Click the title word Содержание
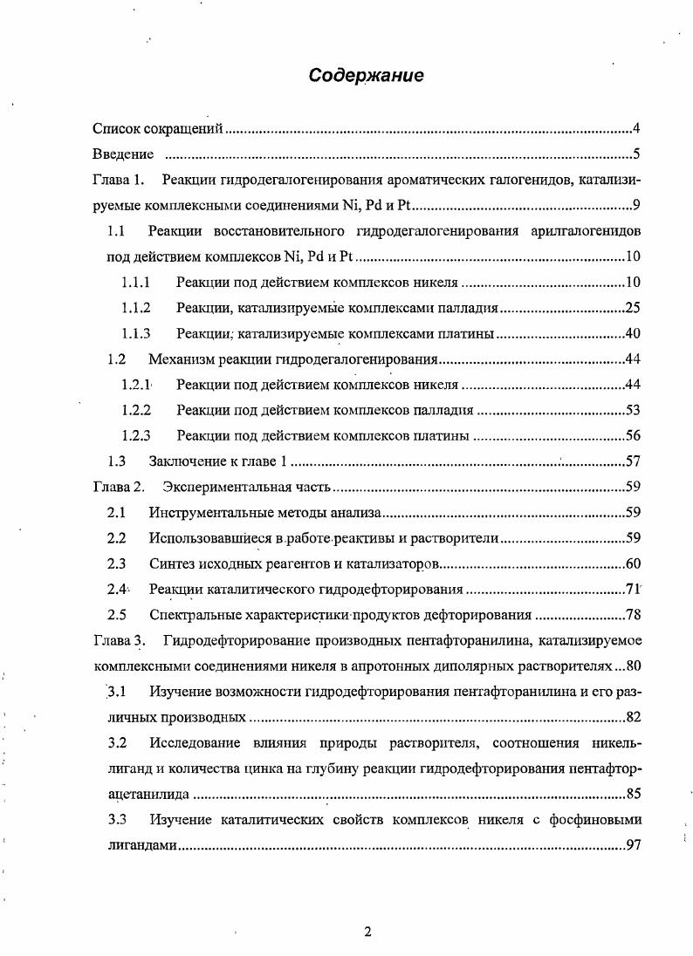coord(366,76)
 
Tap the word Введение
coord(123,155)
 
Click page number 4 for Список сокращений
coord(637,130)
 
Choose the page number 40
coord(634,333)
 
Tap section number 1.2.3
coord(136,435)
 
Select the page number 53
coord(634,410)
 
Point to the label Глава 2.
coord(118,487)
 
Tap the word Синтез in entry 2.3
coord(173,563)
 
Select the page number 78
coord(634,615)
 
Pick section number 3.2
coord(117,743)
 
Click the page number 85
coord(634,795)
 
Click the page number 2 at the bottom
coord(367,932)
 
